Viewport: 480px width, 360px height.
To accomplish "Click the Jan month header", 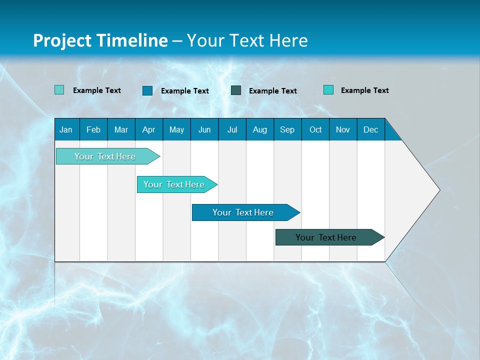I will [x=66, y=129].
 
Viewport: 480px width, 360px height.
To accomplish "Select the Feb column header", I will [x=93, y=129].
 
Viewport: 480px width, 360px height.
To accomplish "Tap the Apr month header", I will [x=148, y=129].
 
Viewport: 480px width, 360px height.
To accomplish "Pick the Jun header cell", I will [x=204, y=129].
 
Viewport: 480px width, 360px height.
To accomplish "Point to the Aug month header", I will [x=259, y=129].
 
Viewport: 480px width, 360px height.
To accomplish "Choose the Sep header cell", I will [x=287, y=129].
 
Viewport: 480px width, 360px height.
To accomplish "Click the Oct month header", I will [x=315, y=129].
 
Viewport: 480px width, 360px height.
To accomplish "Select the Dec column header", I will [x=370, y=129].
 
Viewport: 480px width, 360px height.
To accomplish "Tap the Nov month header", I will [x=343, y=129].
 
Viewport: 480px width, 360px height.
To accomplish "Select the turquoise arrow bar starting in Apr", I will [x=175, y=184].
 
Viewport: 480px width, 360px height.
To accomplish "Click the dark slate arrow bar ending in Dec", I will [x=327, y=237].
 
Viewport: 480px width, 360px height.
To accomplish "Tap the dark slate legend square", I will [x=236, y=90].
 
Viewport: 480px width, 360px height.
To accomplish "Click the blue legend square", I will [x=147, y=90].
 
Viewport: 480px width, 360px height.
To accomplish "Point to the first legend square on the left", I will [x=59, y=90].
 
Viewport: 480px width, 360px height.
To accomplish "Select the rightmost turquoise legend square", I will [x=328, y=90].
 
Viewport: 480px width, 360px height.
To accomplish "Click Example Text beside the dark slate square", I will [x=273, y=91].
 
